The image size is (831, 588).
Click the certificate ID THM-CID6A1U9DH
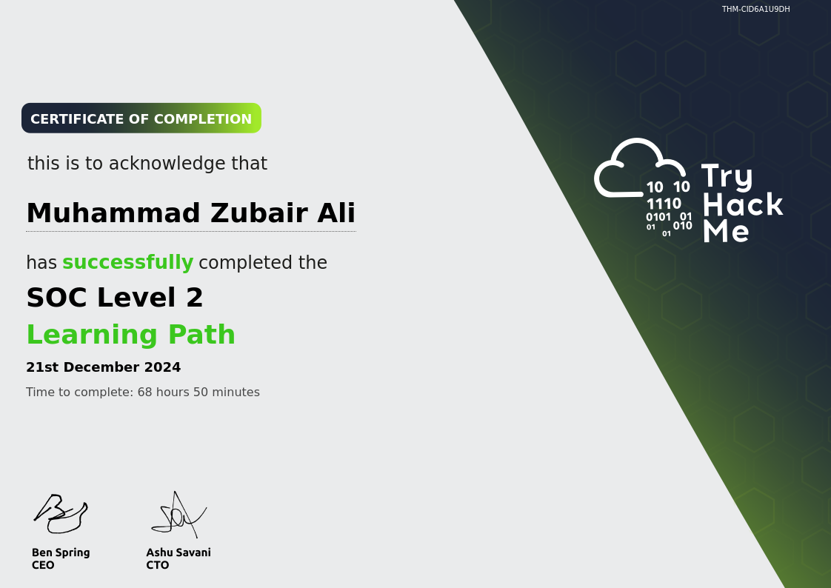click(755, 10)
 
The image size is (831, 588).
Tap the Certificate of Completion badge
click(141, 118)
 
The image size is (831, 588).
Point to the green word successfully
click(127, 263)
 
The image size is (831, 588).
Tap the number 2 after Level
click(194, 298)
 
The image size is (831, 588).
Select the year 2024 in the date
click(162, 367)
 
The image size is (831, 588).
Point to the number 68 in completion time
click(144, 392)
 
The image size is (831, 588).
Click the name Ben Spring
click(61, 552)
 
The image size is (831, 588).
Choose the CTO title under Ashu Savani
click(158, 565)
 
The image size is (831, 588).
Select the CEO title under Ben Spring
click(43, 565)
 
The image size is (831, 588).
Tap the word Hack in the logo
click(742, 204)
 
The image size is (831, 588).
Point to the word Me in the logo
click(726, 231)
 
